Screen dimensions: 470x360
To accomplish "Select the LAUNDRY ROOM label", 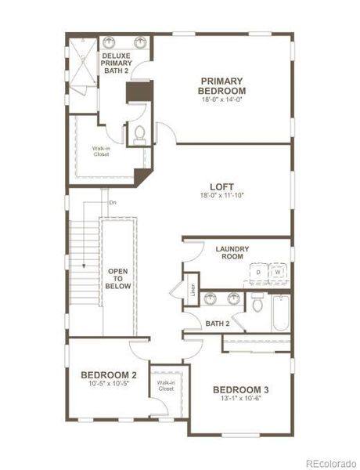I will tap(232, 252).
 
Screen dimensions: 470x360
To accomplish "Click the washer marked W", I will tap(277, 273).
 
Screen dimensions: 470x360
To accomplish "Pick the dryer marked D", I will tap(257, 273).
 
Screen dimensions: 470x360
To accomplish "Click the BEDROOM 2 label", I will tap(109, 375).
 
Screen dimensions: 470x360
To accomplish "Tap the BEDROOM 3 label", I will tap(241, 389).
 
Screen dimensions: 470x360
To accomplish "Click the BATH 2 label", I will tap(217, 323).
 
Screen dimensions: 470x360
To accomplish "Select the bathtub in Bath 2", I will tap(279, 313).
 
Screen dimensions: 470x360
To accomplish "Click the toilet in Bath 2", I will tap(257, 305).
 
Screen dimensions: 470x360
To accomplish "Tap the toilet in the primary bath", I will tap(139, 135).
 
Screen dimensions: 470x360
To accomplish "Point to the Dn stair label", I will tap(113, 204).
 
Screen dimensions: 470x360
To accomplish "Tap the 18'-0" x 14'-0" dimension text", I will tap(221, 99).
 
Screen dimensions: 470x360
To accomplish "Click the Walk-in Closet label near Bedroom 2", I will tap(165, 385).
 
